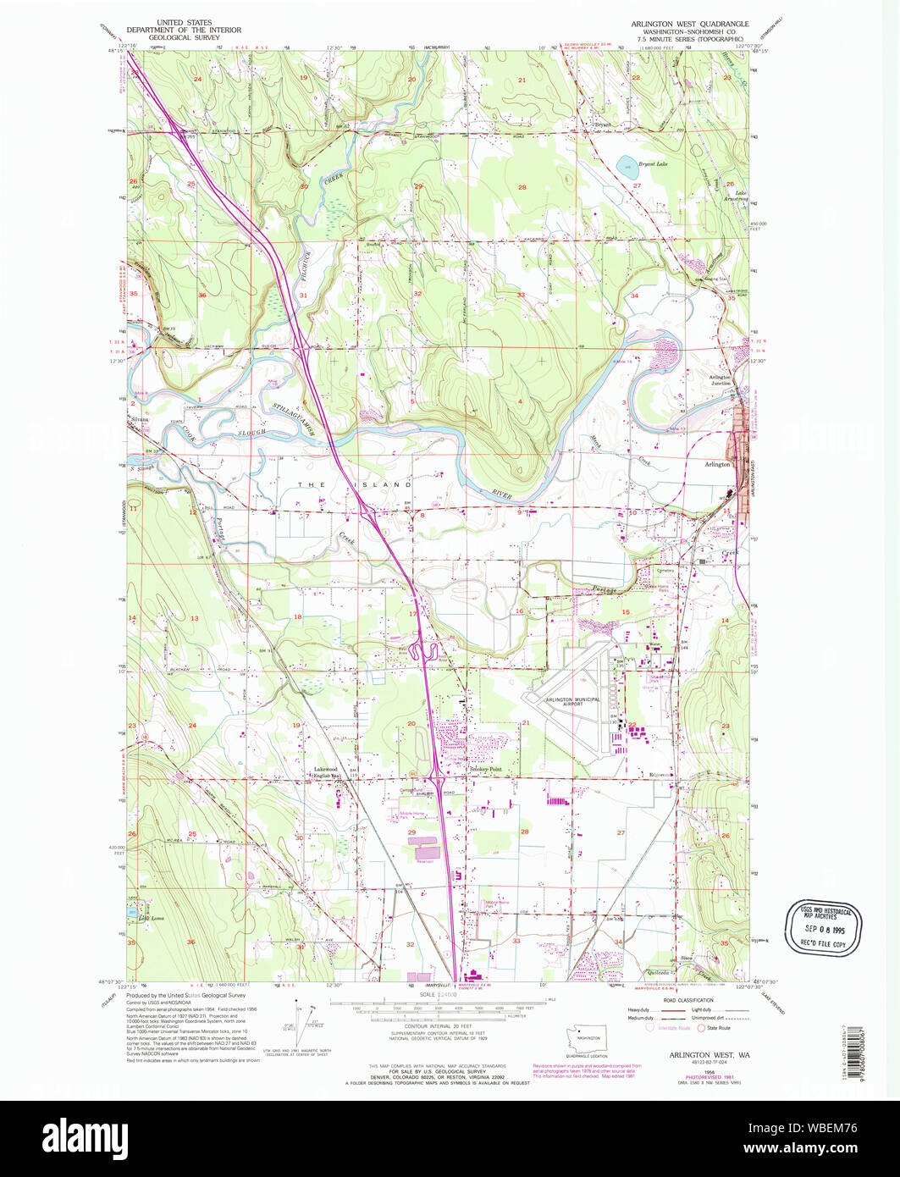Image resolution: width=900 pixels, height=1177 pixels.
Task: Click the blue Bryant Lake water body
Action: click(x=626, y=163)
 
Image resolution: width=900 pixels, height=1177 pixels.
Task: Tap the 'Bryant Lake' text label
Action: click(x=654, y=165)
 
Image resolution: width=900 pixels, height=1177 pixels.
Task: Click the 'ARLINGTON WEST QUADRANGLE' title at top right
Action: click(x=689, y=24)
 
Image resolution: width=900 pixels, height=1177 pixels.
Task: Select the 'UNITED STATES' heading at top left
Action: click(x=180, y=22)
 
